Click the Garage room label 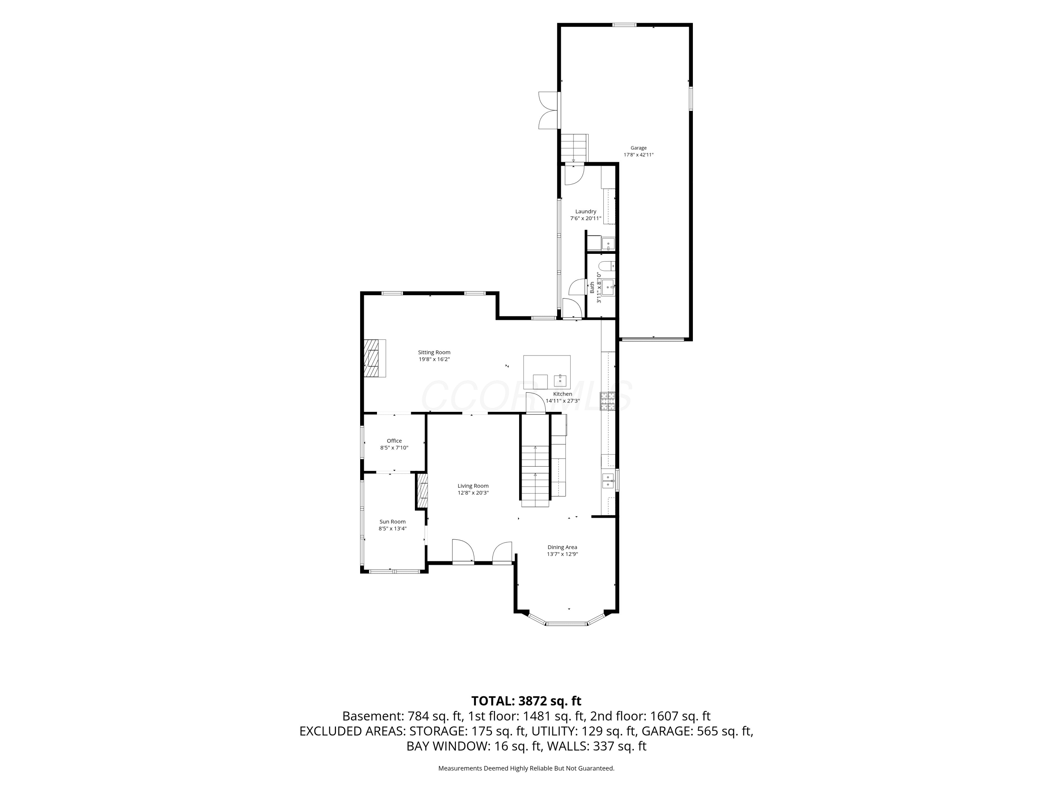pos(638,148)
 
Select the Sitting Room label pos(434,353)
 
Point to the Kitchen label pos(562,394)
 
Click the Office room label pos(394,441)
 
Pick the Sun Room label pos(392,521)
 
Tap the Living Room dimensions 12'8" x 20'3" pos(473,493)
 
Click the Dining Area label pos(562,547)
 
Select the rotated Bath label pos(592,287)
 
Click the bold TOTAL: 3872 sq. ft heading pos(526,701)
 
